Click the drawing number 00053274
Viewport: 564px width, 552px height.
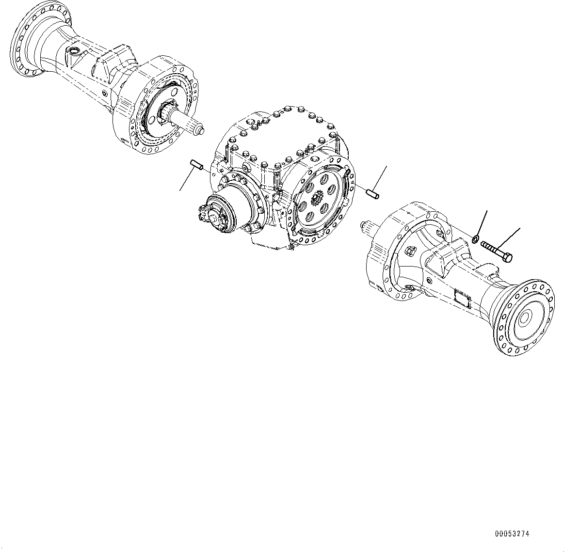pyautogui.click(x=512, y=534)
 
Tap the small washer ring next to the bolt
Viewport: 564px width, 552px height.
pyautogui.click(x=476, y=238)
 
